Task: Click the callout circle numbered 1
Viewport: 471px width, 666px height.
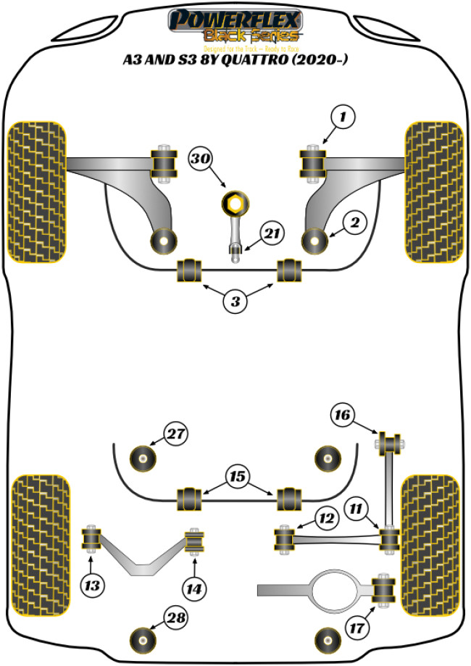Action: [x=344, y=116]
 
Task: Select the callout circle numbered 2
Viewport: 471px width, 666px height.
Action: [x=354, y=223]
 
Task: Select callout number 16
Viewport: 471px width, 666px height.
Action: [x=343, y=415]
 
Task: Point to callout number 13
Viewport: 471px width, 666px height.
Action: [x=93, y=583]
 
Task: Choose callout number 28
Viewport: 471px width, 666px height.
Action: [x=175, y=617]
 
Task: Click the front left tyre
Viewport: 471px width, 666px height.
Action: [x=37, y=193]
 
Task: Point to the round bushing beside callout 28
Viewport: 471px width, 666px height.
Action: [x=143, y=638]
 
